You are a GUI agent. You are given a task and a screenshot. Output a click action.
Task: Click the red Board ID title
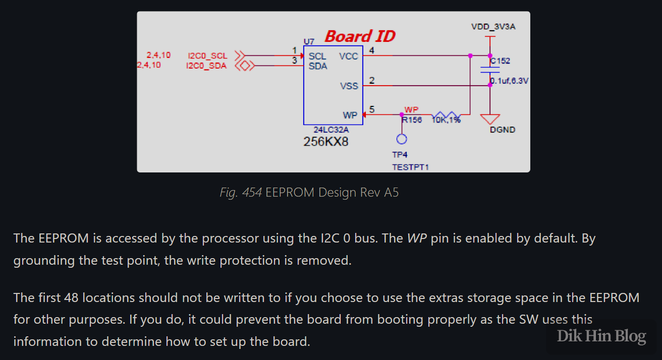click(x=360, y=36)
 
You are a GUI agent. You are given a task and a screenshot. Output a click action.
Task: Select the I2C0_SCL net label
click(x=207, y=56)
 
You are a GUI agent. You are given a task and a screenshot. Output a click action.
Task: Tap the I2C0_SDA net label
click(x=206, y=66)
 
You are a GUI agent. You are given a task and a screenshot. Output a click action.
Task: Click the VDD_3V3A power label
click(x=493, y=27)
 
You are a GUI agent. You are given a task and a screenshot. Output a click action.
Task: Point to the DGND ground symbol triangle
click(x=489, y=118)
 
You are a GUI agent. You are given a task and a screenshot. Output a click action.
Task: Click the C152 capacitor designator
click(x=500, y=61)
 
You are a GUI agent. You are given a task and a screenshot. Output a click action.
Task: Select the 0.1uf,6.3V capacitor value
click(x=509, y=81)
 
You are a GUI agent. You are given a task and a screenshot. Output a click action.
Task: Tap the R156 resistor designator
click(x=412, y=120)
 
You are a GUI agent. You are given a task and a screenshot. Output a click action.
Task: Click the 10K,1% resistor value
click(x=446, y=120)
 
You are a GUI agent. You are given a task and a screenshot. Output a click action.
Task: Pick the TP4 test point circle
click(x=402, y=139)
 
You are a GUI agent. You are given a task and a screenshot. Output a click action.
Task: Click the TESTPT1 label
click(x=410, y=166)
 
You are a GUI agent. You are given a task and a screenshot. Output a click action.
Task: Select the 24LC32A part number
click(x=331, y=130)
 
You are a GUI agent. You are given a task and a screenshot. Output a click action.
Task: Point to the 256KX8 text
click(x=325, y=142)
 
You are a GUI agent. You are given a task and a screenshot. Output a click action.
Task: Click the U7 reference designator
click(x=308, y=41)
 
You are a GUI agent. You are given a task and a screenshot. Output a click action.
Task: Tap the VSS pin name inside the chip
click(x=349, y=86)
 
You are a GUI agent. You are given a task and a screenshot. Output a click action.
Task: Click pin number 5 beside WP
click(x=372, y=109)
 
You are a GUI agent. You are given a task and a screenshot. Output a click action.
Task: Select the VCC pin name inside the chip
click(x=348, y=56)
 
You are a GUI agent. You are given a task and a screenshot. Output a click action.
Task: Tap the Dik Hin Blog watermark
click(x=601, y=336)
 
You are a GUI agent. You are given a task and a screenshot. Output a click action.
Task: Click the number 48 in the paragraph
click(x=70, y=297)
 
